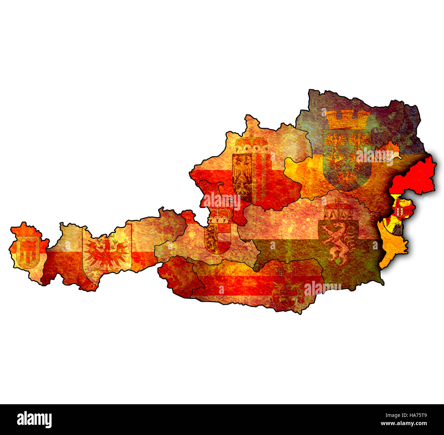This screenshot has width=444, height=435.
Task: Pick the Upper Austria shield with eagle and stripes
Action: (x=249, y=177)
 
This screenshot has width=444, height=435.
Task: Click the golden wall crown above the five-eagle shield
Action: (x=348, y=119)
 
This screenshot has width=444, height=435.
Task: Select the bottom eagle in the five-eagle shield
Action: (x=347, y=178)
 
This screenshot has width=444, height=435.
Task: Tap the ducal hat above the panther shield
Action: (x=338, y=212)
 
